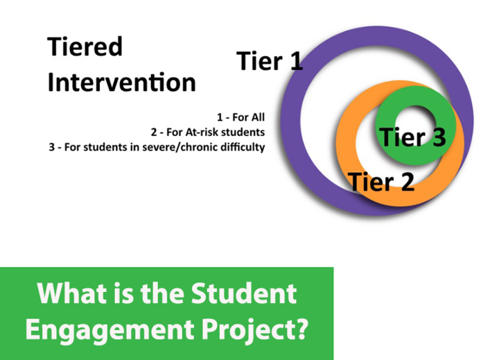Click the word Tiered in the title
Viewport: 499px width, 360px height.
(x=85, y=46)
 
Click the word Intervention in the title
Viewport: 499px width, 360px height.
(x=121, y=82)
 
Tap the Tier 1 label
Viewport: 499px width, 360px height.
(x=270, y=60)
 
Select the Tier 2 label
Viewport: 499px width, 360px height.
(x=381, y=182)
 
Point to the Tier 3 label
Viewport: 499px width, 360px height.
(x=413, y=137)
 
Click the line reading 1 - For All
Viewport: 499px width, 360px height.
(x=240, y=117)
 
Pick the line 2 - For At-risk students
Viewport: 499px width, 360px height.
(x=208, y=132)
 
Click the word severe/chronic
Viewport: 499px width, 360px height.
(x=180, y=147)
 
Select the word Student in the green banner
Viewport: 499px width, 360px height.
(x=244, y=293)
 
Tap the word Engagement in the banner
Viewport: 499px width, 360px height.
(x=110, y=330)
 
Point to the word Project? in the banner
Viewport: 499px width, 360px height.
(x=255, y=330)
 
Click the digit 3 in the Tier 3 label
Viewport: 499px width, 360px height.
(x=439, y=137)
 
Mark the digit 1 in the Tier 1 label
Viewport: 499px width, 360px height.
(x=297, y=60)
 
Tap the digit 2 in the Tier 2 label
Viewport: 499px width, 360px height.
(x=408, y=182)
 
